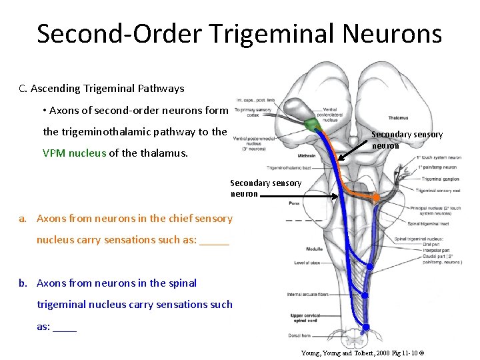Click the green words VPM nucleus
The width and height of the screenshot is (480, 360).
(74, 153)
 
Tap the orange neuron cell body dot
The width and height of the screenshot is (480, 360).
(376, 197)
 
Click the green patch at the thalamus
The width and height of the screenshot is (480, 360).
(310, 125)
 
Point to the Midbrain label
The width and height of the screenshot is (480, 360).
(307, 155)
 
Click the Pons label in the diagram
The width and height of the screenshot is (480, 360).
(294, 203)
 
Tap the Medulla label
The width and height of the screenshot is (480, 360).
(295, 249)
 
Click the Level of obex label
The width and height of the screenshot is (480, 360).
(307, 263)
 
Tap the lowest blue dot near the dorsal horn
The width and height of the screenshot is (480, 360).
(366, 327)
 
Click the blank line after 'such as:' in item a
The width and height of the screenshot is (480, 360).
(214, 240)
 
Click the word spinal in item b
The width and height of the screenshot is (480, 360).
(182, 283)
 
